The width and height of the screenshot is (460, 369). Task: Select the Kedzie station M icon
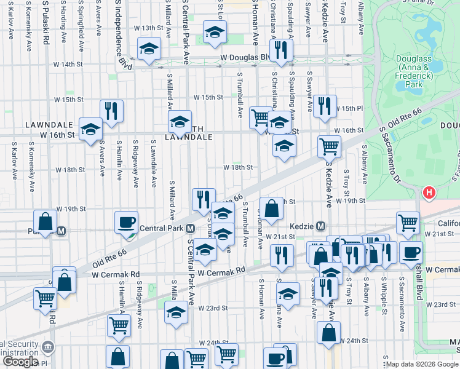coord(320,226)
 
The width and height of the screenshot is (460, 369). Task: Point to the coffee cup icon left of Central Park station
coord(127,223)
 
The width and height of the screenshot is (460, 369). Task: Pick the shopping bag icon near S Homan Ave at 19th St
coord(271,208)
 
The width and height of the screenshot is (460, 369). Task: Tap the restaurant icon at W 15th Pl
coord(324,106)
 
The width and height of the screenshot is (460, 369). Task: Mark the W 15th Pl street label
coord(349,108)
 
